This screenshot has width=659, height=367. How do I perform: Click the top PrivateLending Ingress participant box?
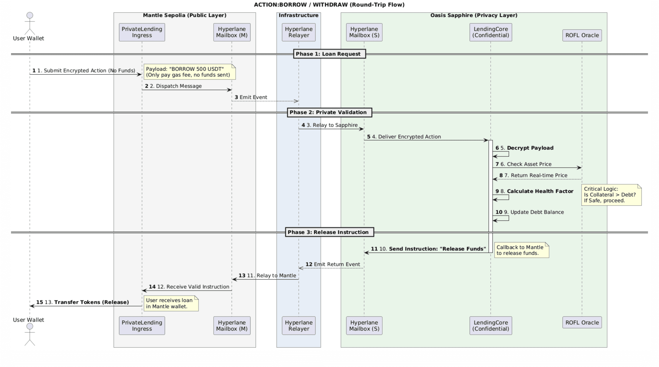point(142,32)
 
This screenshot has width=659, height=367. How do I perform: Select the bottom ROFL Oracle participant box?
point(582,323)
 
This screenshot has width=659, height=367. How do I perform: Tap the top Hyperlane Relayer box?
point(299,32)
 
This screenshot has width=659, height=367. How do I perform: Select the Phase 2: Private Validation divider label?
point(329,112)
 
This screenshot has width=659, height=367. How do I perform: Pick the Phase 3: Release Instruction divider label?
point(329,232)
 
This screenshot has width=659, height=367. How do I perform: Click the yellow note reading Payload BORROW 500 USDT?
point(189,72)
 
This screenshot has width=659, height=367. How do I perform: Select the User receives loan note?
point(171,303)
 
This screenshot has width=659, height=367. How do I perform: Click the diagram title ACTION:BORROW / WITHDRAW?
point(329,5)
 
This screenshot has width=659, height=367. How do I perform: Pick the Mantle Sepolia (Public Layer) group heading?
point(184,15)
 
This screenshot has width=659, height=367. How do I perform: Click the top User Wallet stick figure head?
point(30,15)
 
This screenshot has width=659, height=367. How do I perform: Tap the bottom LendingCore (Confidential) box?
point(490,326)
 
